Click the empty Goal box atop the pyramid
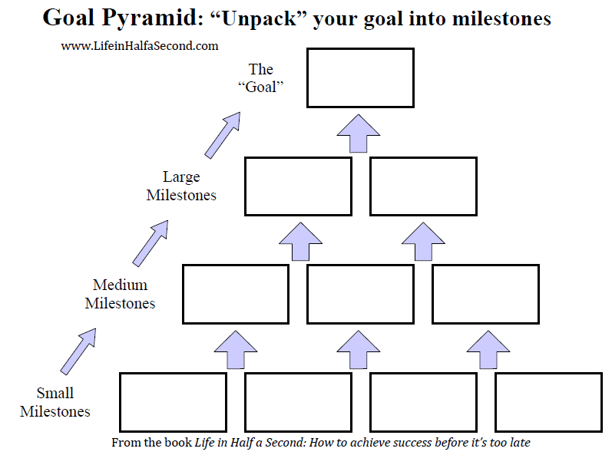pos(360,77)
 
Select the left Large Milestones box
pos(298,186)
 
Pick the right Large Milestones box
pos(423,186)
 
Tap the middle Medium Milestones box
pos(360,294)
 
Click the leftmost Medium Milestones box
pos(236,294)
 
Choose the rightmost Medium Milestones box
pos(485,294)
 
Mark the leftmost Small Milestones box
pos(173,403)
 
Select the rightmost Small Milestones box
pos(547,403)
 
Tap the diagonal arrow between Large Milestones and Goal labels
pos(222,136)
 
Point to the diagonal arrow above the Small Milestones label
pos(78,351)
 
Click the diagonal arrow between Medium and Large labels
pos(151,243)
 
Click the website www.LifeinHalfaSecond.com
pos(140,46)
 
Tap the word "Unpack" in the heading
pos(257,18)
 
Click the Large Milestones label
pos(181,186)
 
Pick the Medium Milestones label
pos(120,294)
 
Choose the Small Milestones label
pos(55,403)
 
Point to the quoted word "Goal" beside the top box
pos(260,86)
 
